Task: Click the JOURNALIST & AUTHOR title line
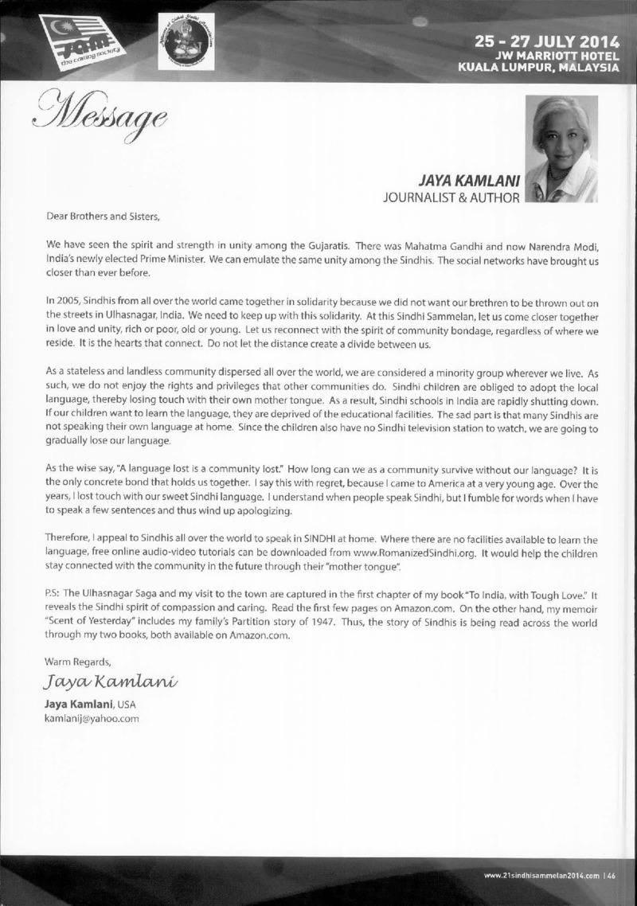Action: pos(451,193)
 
